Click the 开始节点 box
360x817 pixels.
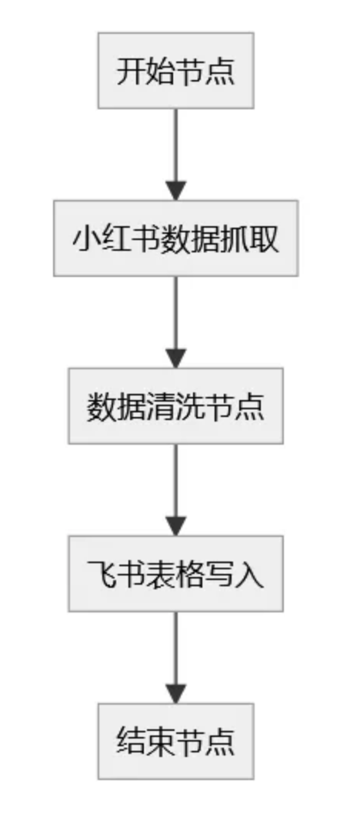176,70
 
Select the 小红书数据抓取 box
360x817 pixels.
176,238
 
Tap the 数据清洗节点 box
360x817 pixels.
176,406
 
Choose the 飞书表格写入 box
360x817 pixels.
176,574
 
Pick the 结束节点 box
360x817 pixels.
176,742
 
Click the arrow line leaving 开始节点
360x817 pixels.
176,154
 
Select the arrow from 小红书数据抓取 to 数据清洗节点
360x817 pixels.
176,322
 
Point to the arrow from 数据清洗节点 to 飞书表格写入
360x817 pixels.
176,490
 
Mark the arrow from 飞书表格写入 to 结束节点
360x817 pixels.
176,658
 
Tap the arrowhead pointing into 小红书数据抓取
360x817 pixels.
176,191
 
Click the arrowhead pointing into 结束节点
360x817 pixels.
176,694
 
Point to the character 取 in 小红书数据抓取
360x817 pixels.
265,239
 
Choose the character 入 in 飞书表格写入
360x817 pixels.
250,575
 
